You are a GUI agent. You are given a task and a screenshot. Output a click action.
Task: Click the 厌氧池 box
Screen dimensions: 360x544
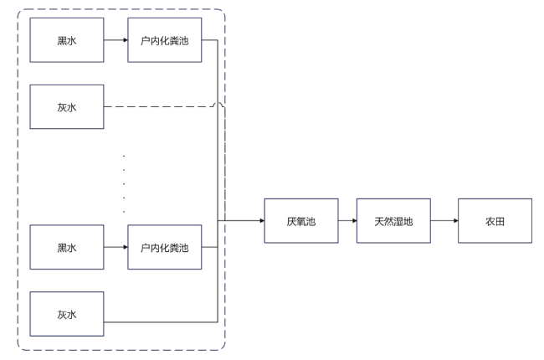300,221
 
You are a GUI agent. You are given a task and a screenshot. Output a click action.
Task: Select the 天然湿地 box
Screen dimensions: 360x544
393,221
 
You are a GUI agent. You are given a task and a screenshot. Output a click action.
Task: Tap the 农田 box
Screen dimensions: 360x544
494,221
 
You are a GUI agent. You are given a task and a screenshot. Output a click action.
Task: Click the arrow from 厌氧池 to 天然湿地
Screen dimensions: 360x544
346,221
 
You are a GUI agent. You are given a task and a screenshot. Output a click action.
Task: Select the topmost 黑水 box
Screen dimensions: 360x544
67,39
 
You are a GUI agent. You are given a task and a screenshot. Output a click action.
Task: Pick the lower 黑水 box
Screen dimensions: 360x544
67,247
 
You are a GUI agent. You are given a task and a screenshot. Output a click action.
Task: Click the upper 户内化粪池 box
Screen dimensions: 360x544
166,39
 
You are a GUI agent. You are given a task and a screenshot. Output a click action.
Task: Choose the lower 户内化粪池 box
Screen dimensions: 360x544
166,247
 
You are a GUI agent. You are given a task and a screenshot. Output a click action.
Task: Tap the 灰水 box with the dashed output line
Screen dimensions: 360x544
67,106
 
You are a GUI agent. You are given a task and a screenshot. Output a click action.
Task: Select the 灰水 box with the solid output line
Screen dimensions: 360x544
67,314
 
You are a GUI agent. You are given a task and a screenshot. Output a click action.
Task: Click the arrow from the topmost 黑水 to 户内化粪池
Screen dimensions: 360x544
116,39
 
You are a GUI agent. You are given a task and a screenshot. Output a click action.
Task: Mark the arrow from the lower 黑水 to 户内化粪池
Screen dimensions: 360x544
116,247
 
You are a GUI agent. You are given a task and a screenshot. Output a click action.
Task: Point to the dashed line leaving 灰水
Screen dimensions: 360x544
159,106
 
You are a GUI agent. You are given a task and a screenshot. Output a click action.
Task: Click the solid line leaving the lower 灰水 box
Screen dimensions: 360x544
159,321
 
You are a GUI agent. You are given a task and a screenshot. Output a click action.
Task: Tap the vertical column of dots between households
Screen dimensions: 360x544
124,177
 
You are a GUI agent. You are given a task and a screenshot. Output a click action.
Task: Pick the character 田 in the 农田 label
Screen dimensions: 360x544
500,222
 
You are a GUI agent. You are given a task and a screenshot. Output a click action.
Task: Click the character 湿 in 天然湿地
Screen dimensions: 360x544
398,222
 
